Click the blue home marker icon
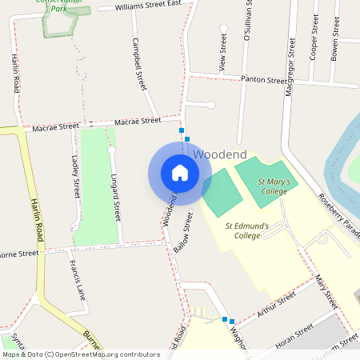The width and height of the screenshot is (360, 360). [180, 173]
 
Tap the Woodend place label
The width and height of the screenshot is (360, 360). [220, 153]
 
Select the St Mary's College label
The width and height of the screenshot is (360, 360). [273, 186]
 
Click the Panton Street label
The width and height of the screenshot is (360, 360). [264, 80]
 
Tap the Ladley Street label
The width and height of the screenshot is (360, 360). [76, 176]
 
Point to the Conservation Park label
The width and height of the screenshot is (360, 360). [61, 6]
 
